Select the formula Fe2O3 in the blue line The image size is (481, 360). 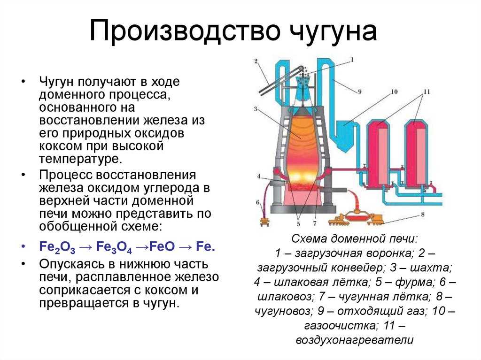(57, 247)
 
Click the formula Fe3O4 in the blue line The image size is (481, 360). (114, 247)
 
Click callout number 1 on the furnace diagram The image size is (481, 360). (352, 60)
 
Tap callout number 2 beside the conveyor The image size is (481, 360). (256, 61)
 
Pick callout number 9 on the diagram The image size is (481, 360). (359, 92)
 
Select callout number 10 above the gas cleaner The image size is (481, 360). (394, 92)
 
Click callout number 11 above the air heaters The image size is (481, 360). (427, 92)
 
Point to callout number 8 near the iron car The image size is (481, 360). (422, 214)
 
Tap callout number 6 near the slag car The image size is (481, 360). (258, 202)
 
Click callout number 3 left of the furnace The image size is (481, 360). (256, 109)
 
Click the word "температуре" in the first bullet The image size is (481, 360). (80, 159)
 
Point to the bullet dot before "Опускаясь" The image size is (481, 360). (23, 264)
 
